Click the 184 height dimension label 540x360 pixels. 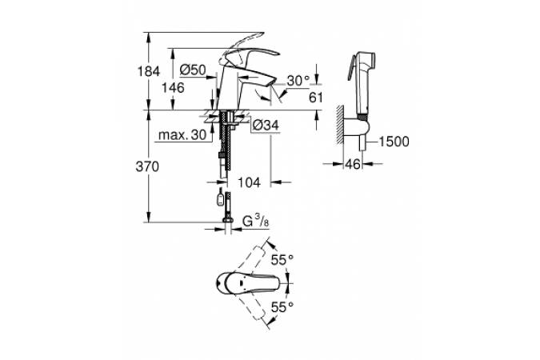pyautogui.click(x=149, y=72)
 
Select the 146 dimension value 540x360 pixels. pyautogui.click(x=174, y=88)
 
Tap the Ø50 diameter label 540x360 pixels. pyautogui.click(x=193, y=70)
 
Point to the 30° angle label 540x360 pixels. pyautogui.click(x=298, y=81)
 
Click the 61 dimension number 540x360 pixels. pyautogui.click(x=316, y=98)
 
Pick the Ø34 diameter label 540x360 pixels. pyautogui.click(x=265, y=125)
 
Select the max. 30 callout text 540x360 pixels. pyautogui.click(x=182, y=134)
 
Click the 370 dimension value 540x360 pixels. pyautogui.click(x=147, y=166)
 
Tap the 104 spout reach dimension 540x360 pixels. pyautogui.click(x=249, y=182)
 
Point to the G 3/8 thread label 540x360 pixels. pyautogui.click(x=255, y=221)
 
